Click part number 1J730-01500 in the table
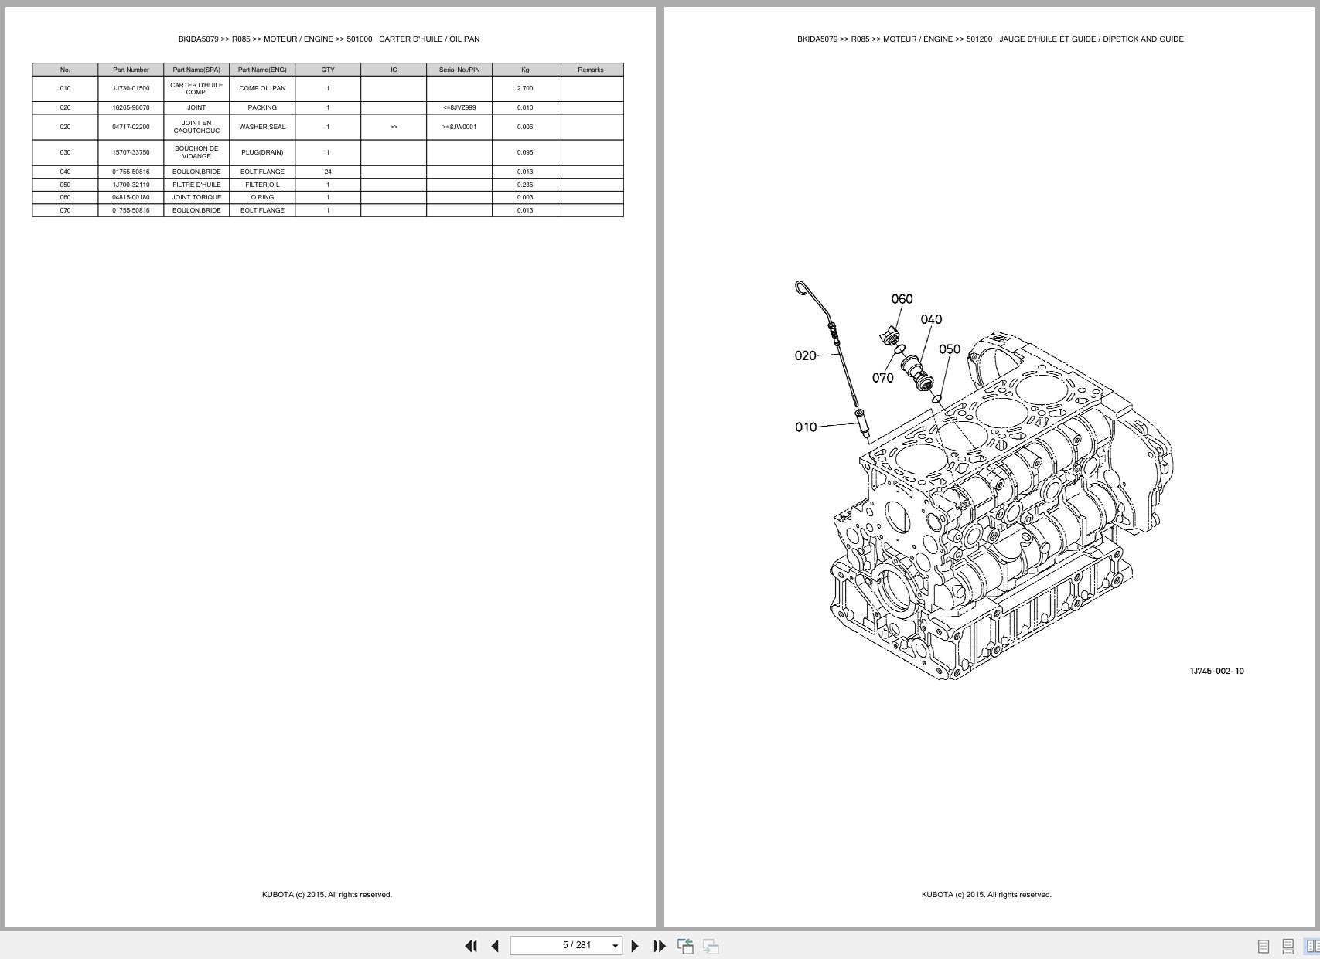coord(131,88)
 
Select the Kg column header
coord(525,70)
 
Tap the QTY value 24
coord(328,172)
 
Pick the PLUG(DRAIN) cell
coord(262,152)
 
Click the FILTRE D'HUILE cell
coord(196,185)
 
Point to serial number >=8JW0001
coord(459,127)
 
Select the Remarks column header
coord(591,70)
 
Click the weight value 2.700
coord(525,88)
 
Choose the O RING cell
coord(262,197)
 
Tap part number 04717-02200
coord(131,127)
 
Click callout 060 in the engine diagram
coord(902,299)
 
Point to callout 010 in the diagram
coord(806,427)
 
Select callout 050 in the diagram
coord(950,349)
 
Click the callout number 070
coord(882,378)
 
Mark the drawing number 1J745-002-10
coord(1217,671)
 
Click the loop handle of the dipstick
coord(801,288)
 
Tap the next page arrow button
coord(635,946)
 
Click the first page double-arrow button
coord(470,946)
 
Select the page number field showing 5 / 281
coord(566,945)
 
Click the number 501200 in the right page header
coord(979,39)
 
